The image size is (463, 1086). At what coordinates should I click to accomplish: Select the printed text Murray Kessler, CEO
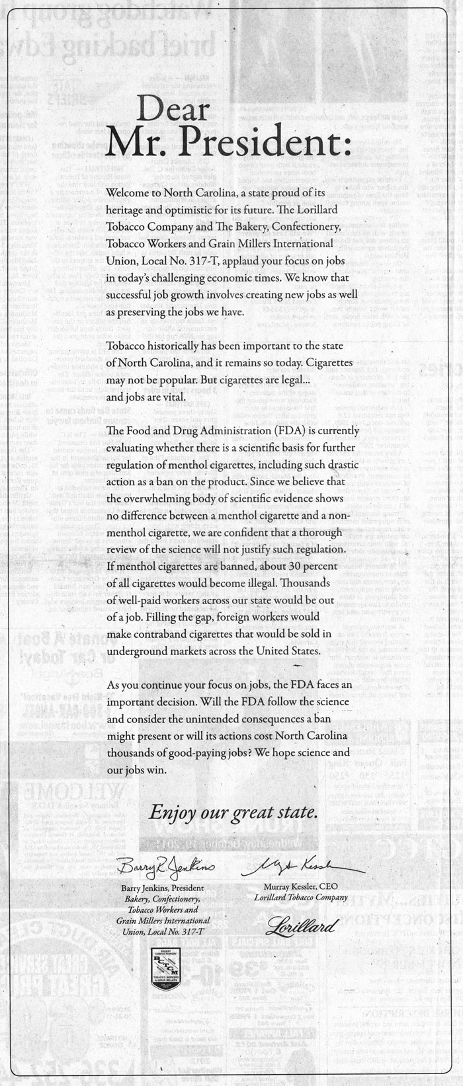click(301, 887)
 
